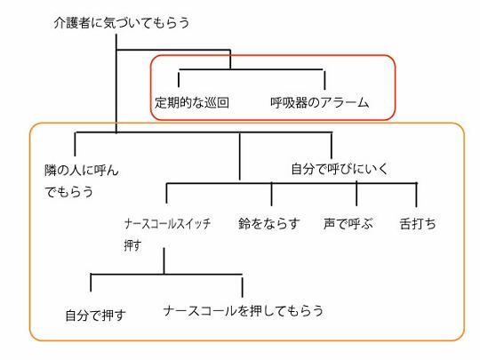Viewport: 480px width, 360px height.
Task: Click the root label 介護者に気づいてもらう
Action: coord(122,23)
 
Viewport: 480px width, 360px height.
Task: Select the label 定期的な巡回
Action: coord(192,102)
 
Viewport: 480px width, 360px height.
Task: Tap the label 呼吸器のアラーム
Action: coord(320,102)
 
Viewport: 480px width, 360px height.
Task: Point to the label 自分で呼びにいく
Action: coord(340,169)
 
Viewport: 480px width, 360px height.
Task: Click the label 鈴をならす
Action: coord(269,224)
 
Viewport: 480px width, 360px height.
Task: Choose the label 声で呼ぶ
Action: coord(348,224)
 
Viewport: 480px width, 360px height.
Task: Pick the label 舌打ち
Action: coord(418,224)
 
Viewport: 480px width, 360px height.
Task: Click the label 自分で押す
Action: coord(96,316)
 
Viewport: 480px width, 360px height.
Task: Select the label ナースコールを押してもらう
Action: coord(244,311)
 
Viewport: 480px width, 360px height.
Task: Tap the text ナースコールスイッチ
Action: coord(167,224)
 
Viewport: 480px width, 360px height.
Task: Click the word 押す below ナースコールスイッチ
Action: coord(132,245)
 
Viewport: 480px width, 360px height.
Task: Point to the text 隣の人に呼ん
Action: coord(82,171)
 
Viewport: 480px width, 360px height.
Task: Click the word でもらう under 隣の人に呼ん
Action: coord(68,192)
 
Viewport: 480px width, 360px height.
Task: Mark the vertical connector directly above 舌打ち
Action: coord(416,195)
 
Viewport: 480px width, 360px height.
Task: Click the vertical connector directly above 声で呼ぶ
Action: coord(356,194)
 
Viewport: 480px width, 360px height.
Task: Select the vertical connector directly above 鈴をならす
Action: coord(271,194)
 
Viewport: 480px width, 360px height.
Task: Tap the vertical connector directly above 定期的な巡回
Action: coord(179,78)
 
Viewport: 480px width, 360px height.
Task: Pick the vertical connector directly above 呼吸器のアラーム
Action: coord(324,80)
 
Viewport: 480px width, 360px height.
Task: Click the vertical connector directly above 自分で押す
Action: coord(91,283)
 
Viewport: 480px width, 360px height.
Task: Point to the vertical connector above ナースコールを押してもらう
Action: coord(242,286)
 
